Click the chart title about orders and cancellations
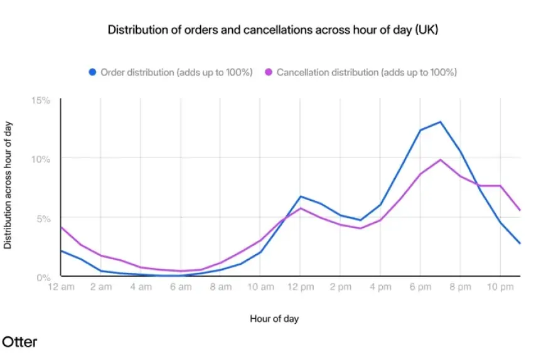(x=272, y=30)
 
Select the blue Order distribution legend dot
(x=92, y=72)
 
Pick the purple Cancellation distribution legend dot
(x=268, y=72)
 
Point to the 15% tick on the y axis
(x=42, y=100)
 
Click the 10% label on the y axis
(x=42, y=159)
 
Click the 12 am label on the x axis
(x=61, y=287)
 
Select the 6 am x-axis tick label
(x=181, y=287)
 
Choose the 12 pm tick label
(x=301, y=287)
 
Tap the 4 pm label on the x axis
(x=380, y=287)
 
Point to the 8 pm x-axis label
(x=460, y=287)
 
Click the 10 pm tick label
(x=500, y=287)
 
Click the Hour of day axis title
(x=274, y=319)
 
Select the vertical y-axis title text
(x=8, y=186)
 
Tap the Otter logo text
(x=19, y=342)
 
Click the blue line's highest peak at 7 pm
(x=441, y=122)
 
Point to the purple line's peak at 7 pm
(x=441, y=159)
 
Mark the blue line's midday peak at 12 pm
(x=301, y=196)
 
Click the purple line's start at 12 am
(x=61, y=227)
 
